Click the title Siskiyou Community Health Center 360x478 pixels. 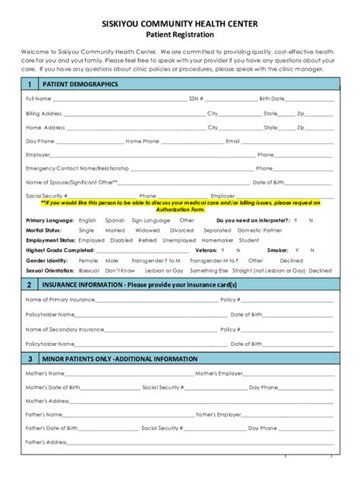point(179,23)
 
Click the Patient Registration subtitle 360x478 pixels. point(179,35)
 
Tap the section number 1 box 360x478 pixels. point(29,84)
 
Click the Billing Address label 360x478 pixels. point(44,113)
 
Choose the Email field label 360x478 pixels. point(232,141)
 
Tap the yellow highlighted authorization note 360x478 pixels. point(179,206)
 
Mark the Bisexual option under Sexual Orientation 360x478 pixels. point(90,269)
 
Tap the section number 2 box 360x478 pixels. point(29,285)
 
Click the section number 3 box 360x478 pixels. point(29,358)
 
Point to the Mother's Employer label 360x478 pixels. point(219,374)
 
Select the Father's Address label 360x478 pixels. point(47,442)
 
